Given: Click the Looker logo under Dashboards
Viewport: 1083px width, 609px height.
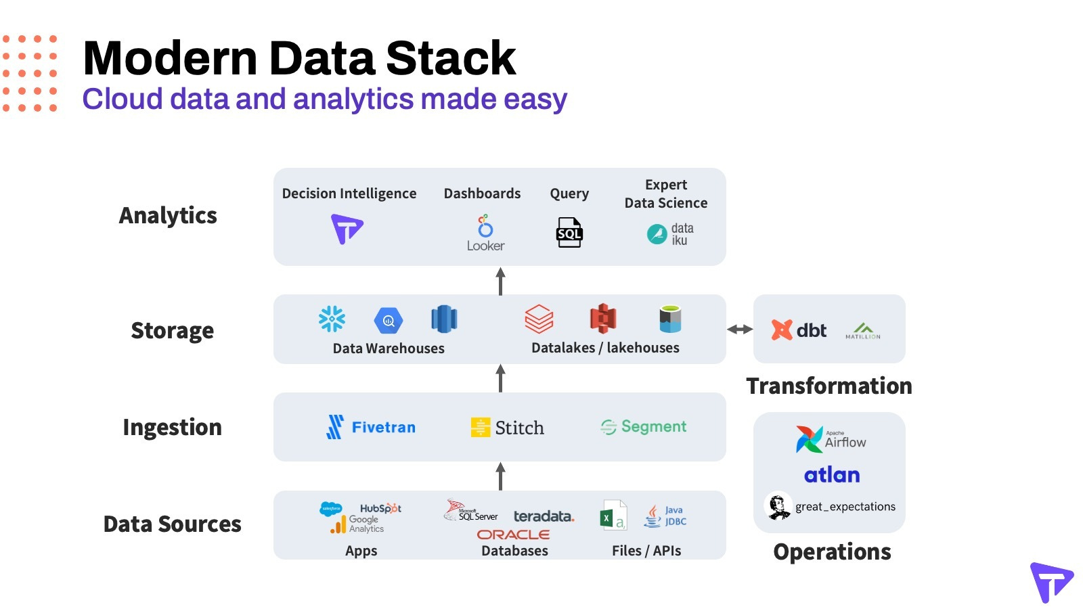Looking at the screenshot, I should [485, 233].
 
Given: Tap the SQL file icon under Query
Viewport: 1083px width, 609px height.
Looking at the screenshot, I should [569, 233].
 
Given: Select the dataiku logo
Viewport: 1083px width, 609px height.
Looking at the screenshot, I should [670, 234].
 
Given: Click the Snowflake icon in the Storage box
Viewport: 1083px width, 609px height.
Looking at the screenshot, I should [332, 319].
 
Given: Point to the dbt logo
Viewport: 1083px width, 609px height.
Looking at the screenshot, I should [799, 330].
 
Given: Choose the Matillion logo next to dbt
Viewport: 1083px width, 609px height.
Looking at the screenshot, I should [863, 331].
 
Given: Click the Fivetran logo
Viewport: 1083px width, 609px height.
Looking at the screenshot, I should [371, 427].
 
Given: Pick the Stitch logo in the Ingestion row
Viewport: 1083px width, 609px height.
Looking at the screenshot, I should [508, 428].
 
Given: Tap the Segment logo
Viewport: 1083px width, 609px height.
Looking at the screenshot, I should [644, 426].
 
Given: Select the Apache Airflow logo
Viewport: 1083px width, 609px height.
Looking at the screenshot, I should [831, 439].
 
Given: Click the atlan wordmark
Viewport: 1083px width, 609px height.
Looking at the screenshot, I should [832, 475].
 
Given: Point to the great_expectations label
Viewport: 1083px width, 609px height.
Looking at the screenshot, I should [845, 507].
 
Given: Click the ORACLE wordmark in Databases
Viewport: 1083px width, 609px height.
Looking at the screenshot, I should [513, 535].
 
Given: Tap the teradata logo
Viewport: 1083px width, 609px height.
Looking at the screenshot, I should [544, 516].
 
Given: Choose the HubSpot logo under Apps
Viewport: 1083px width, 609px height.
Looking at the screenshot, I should [380, 508].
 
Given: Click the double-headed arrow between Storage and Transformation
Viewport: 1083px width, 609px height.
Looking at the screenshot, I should [740, 330].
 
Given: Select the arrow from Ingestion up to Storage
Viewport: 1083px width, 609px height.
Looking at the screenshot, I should [501, 378].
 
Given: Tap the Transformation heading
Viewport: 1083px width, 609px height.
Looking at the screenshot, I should [829, 386].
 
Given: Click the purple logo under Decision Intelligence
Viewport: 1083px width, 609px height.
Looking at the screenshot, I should [347, 229].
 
